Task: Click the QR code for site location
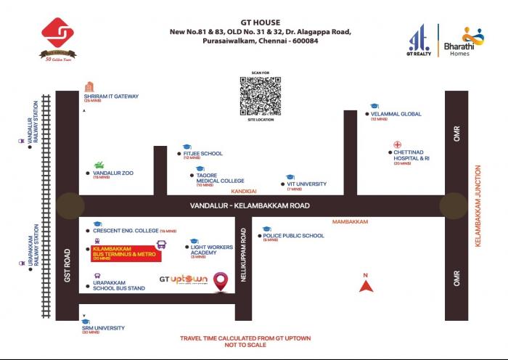coord(261,93)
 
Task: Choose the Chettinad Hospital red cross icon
coord(397,144)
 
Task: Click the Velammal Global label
coord(396,114)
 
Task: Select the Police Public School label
coord(293,235)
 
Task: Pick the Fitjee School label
coord(204,154)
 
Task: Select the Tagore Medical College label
coord(220,178)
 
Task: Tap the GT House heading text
coord(260,22)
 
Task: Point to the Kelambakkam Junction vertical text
coord(478,204)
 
